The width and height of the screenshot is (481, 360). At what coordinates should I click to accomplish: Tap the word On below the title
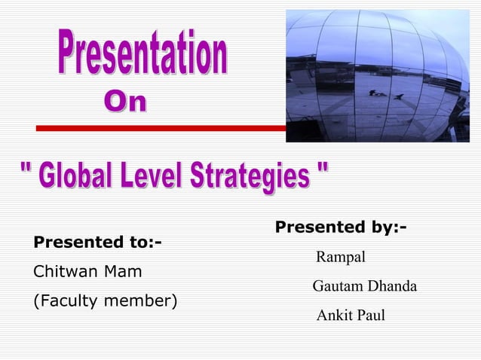pos(125,103)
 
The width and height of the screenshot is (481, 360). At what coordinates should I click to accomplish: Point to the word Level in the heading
pos(154,175)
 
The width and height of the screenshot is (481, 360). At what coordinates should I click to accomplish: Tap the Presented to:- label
pos(97,243)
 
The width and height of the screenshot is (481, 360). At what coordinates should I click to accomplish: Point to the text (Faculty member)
pos(104,301)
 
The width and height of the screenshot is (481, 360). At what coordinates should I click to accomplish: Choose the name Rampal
pos(341,258)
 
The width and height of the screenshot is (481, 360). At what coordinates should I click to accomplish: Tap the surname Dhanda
pos(391,287)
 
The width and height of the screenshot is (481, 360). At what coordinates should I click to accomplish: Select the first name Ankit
pos(331,316)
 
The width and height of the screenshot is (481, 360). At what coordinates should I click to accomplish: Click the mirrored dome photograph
pos(377,75)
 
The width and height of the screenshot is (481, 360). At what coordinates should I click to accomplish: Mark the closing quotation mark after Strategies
pos(323,172)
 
